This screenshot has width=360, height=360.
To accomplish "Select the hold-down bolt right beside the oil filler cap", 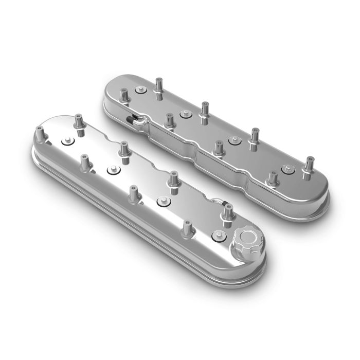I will click(217, 236).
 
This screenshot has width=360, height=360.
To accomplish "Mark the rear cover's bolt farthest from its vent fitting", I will click(287, 167).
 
